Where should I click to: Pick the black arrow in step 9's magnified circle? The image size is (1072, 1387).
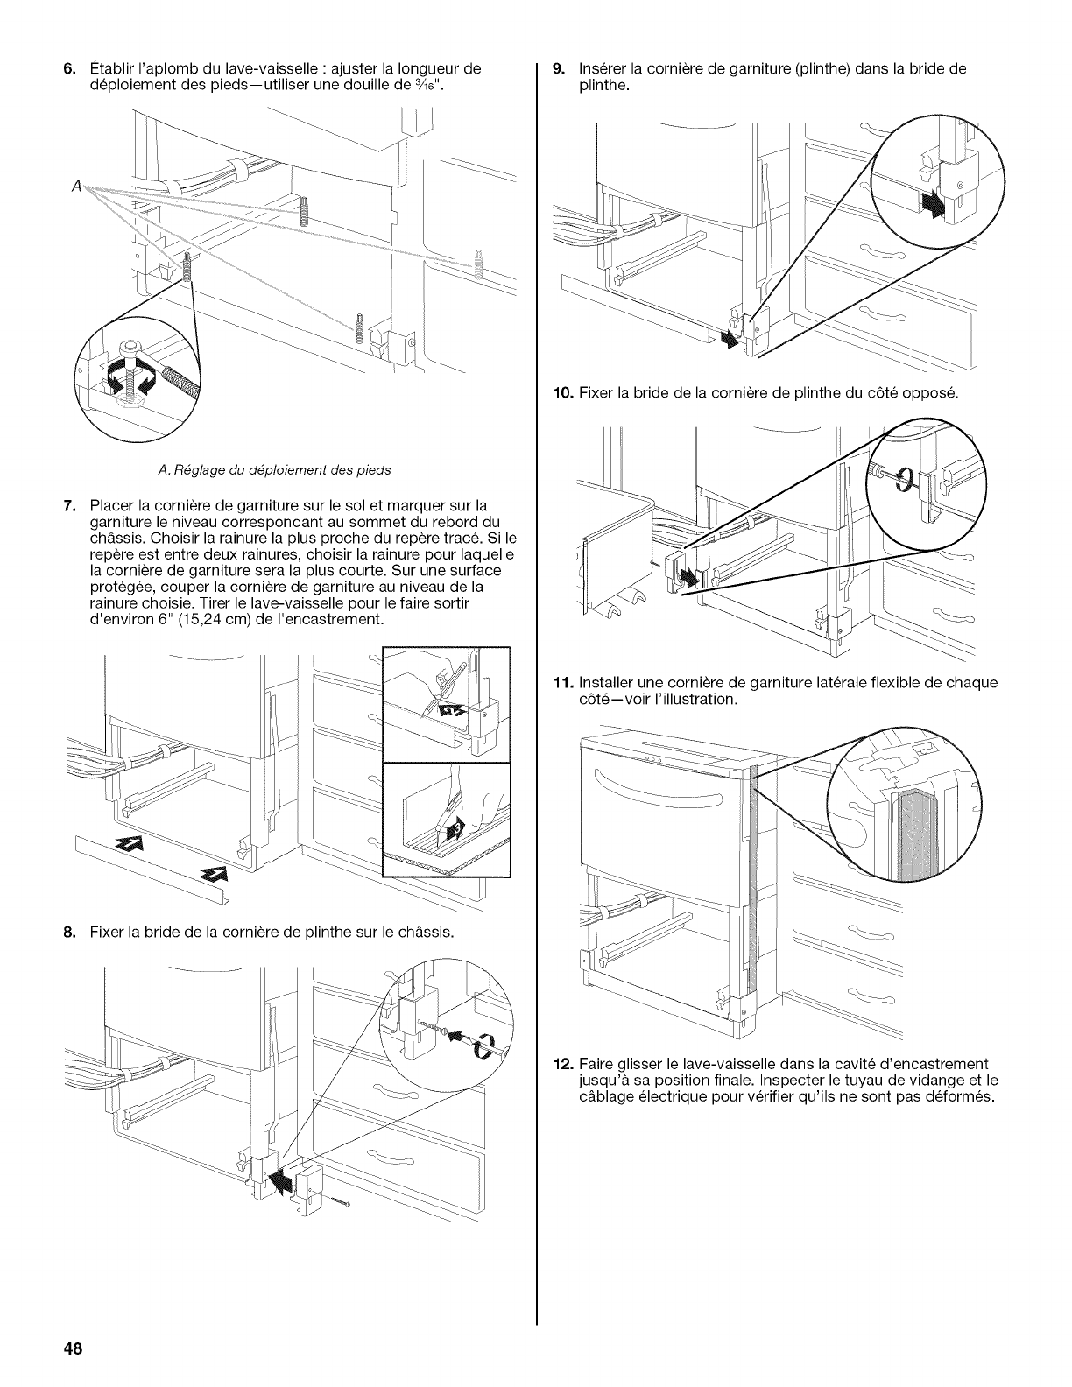click(x=931, y=205)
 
